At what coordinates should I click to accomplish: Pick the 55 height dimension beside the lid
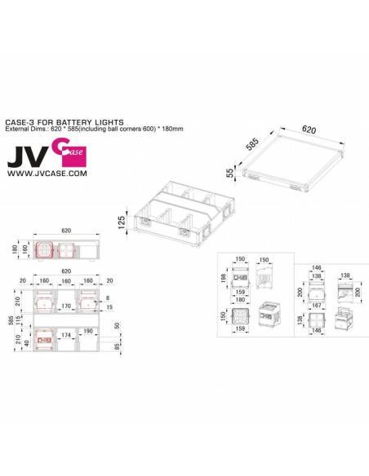231,174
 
